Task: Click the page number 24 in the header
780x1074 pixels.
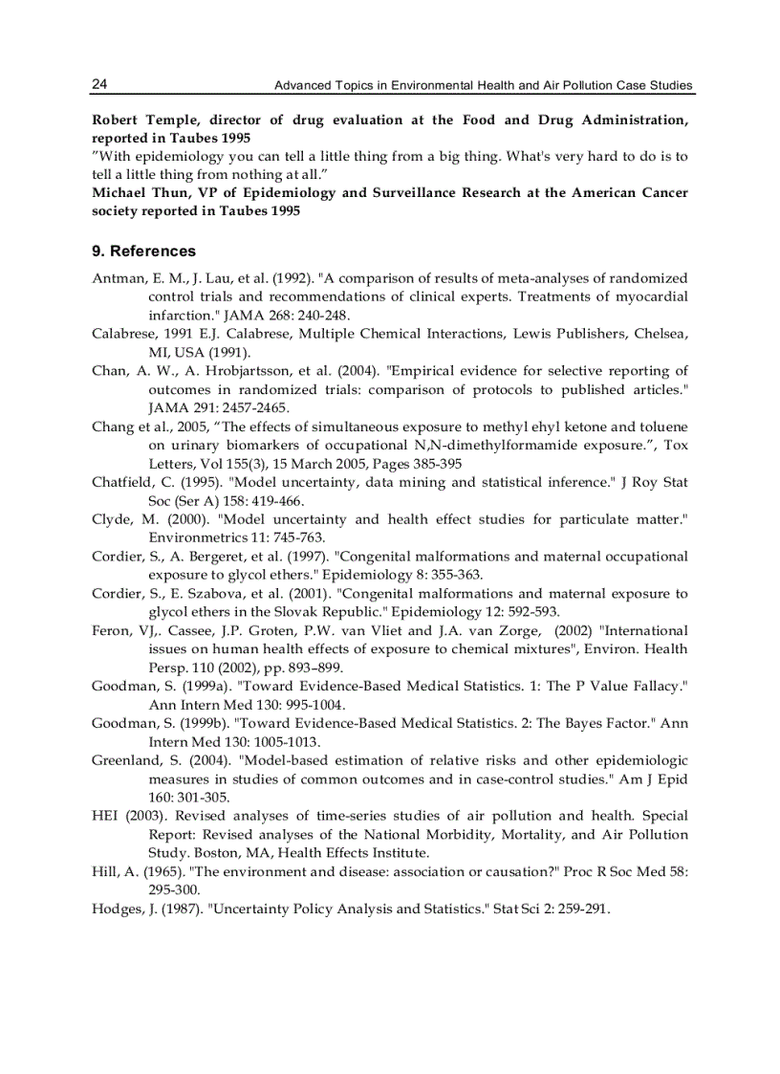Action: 99,85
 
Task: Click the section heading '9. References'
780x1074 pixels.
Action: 143,252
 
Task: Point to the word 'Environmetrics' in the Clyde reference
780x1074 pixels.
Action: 195,537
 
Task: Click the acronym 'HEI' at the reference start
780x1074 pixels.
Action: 105,816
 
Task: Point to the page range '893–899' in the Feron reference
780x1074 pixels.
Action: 312,668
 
